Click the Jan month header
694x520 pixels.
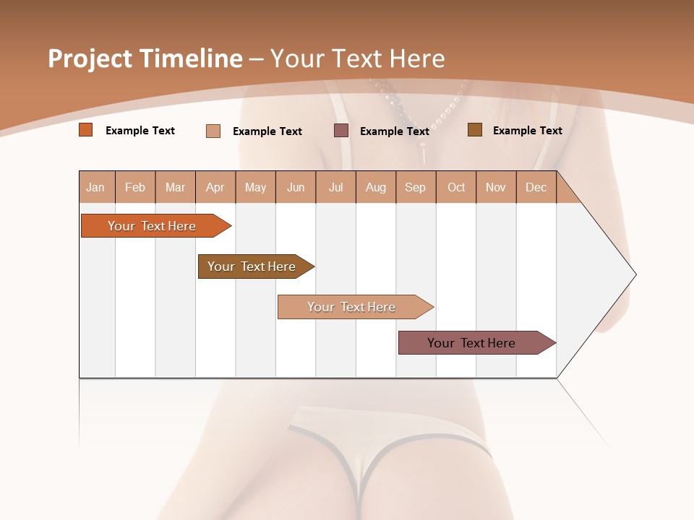[95, 187]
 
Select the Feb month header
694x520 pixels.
[135, 187]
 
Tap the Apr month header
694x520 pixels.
[215, 187]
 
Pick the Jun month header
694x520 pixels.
[296, 187]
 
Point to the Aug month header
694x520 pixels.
[375, 187]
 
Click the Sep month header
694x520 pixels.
[415, 187]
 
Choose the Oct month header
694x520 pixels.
[456, 187]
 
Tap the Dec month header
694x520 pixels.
[536, 187]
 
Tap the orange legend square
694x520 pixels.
[86, 130]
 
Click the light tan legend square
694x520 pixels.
[213, 131]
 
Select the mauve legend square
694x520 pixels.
[341, 131]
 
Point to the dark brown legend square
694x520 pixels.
[475, 130]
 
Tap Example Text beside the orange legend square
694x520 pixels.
[140, 131]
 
